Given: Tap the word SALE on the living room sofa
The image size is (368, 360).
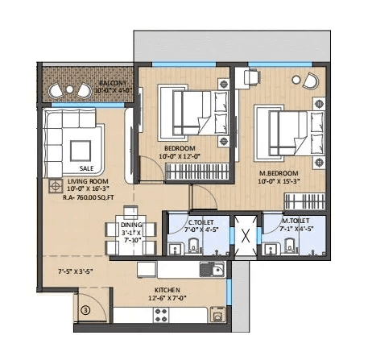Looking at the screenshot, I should [x=86, y=168].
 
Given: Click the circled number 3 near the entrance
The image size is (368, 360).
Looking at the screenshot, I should [x=85, y=308].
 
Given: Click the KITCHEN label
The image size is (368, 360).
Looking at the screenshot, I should [x=167, y=289].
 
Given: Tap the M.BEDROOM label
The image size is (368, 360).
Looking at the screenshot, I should [x=278, y=173].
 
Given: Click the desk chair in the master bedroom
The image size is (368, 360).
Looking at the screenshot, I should [x=250, y=77].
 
